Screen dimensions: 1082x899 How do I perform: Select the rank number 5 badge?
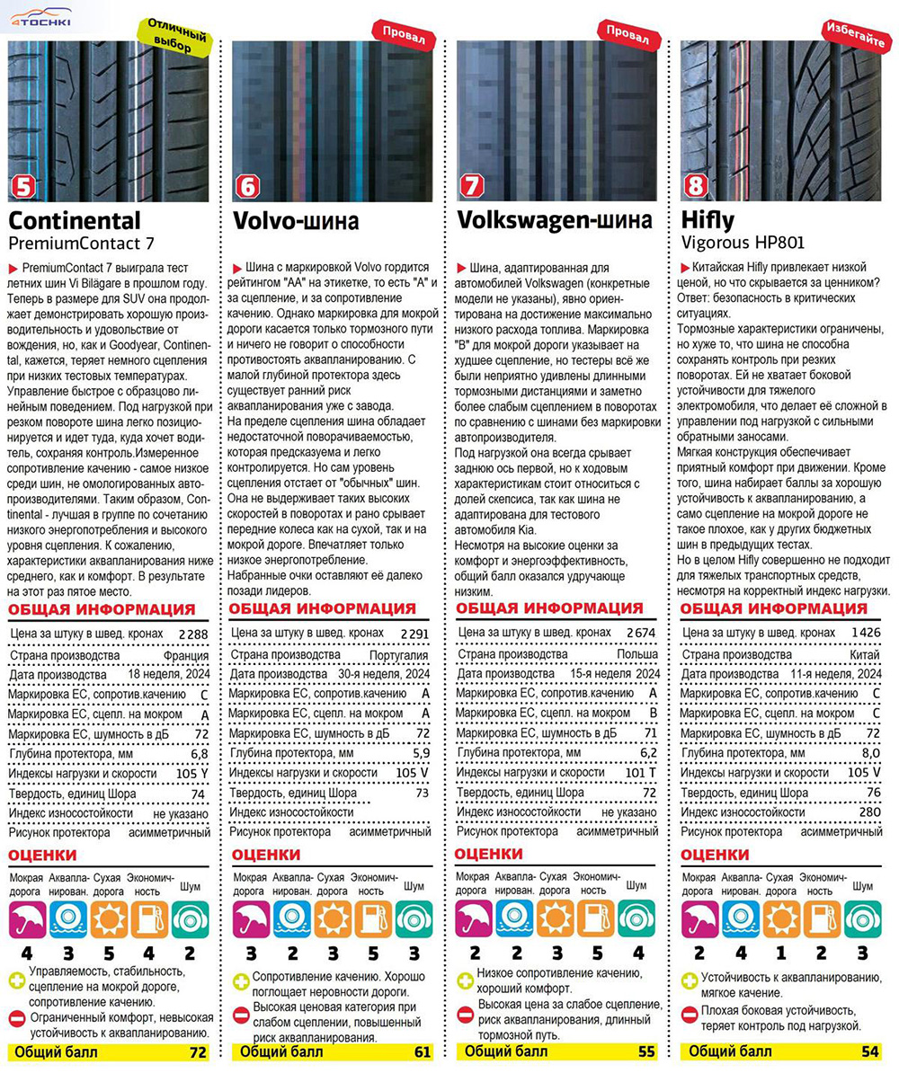pos(22,187)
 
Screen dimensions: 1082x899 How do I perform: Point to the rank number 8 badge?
pos(695,187)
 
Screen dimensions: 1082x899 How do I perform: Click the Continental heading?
pos(75,220)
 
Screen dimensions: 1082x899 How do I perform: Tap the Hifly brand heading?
pos(708,220)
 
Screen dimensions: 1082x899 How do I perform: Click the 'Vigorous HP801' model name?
pos(741,242)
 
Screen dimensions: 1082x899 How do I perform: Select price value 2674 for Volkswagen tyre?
pos(640,634)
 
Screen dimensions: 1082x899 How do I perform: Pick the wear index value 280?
pos(868,812)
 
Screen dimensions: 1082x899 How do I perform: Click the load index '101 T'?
pos(641,772)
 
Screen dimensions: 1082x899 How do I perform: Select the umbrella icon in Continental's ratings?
pos(26,919)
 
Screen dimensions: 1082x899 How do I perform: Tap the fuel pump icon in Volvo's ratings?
pos(372,919)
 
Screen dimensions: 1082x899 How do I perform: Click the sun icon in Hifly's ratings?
pos(781,919)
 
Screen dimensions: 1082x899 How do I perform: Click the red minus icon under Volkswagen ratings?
pos(465,1015)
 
